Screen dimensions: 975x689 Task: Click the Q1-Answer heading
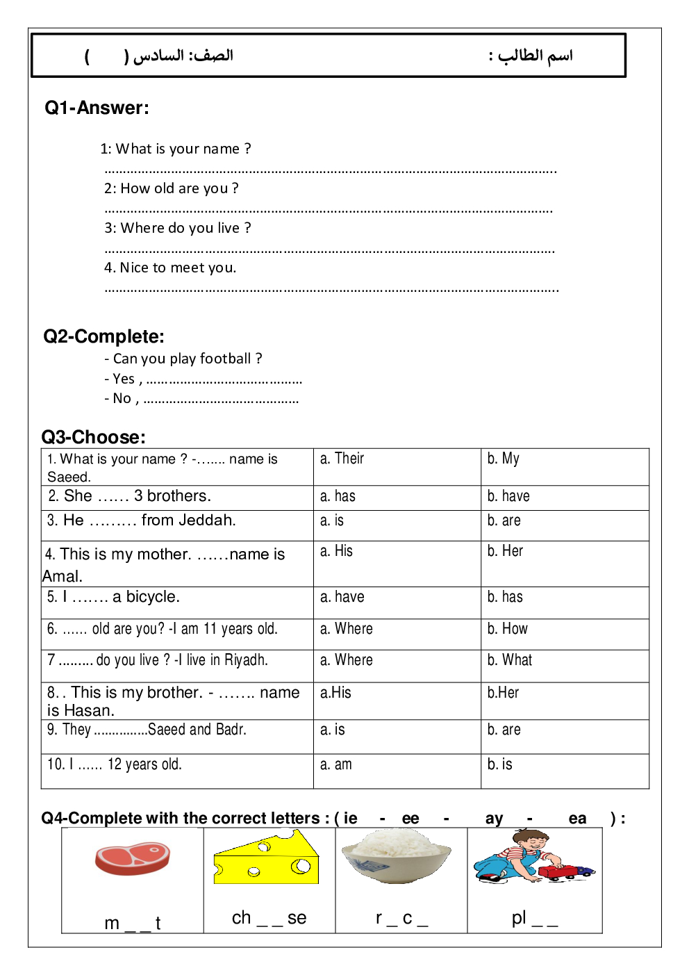click(97, 108)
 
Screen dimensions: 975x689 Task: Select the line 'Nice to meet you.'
click(170, 268)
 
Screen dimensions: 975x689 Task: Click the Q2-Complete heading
click(103, 336)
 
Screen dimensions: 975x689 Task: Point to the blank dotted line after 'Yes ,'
click(224, 381)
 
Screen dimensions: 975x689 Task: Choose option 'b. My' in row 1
click(503, 459)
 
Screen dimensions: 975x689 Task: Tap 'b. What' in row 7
click(509, 660)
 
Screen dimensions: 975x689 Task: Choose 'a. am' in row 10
click(336, 764)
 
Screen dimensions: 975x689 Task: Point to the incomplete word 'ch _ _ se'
click(269, 918)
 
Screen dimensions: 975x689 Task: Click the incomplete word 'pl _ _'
click(534, 918)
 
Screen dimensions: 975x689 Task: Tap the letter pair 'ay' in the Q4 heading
click(494, 819)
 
